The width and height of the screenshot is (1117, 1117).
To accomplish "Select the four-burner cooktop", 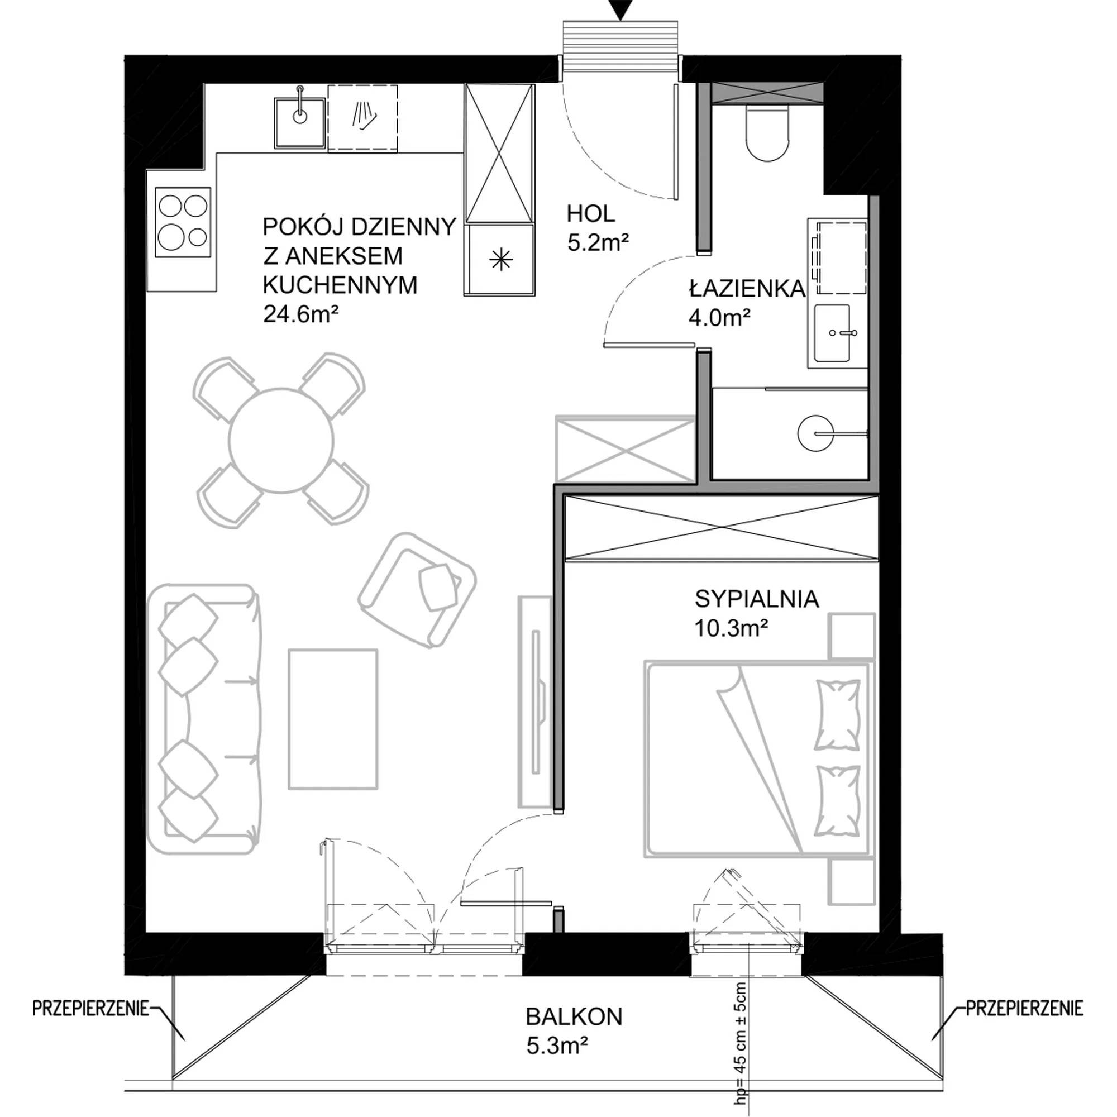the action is coord(183,223).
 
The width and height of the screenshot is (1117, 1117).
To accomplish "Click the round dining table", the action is coord(281,441).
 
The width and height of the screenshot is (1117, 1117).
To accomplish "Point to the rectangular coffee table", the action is coord(333,719).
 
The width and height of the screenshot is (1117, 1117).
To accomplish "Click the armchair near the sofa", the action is coord(417,590).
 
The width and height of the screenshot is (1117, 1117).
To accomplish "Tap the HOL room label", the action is coord(590,214).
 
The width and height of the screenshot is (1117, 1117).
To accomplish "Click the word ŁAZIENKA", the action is coord(746,288).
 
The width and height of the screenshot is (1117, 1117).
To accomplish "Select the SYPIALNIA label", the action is coord(757,599).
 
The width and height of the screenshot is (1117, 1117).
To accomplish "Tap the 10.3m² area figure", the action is coord(732,628).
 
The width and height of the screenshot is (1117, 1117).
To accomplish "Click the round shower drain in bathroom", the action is coord(815,432).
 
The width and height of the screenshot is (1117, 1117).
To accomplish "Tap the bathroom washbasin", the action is coord(833,333).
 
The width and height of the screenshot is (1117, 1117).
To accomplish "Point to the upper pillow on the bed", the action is coord(836,715).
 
